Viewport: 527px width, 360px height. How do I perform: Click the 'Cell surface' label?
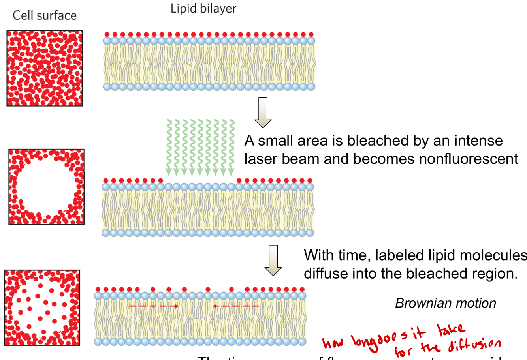tap(45, 15)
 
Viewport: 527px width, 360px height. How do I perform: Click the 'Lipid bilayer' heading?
tap(203, 9)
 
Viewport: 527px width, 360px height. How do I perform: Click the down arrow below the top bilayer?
tap(263, 112)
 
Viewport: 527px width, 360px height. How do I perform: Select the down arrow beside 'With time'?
tap(273, 260)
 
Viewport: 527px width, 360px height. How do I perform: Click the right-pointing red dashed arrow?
tap(154, 306)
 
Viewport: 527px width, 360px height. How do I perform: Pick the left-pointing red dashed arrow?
tap(236, 306)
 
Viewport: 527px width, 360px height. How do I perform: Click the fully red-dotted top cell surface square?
tap(45, 68)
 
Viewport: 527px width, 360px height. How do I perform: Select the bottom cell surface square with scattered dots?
tap(42, 307)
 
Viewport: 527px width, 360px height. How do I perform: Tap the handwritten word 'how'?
tap(333, 342)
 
